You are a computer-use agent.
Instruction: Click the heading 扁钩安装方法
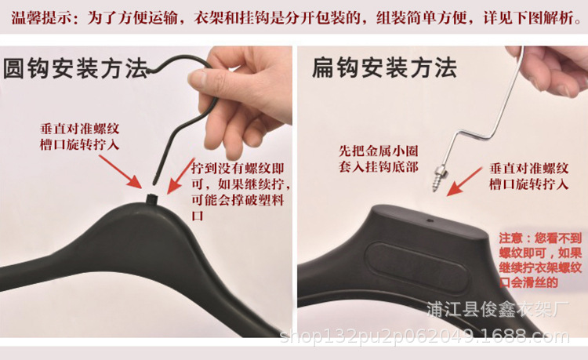(384, 68)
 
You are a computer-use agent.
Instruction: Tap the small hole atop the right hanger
(430, 220)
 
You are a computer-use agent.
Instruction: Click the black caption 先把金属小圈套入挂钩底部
(372, 156)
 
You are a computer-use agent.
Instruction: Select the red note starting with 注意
(541, 260)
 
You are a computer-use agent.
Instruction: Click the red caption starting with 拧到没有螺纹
(239, 191)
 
